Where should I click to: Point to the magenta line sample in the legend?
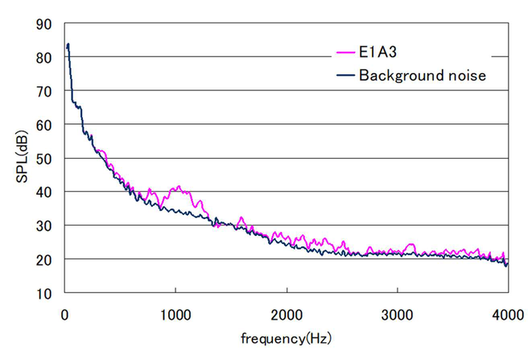pos(344,53)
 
